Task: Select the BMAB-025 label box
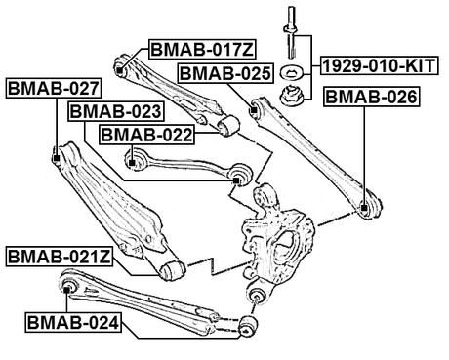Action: pyautogui.click(x=224, y=72)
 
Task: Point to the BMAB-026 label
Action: pyautogui.click(x=371, y=98)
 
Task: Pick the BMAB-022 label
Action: pyautogui.click(x=145, y=133)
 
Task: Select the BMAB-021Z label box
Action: pyautogui.click(x=61, y=257)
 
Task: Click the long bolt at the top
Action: pyautogui.click(x=291, y=29)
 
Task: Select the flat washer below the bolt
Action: pyautogui.click(x=291, y=74)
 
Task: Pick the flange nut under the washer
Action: pyautogui.click(x=291, y=95)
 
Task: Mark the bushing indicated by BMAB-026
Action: pyautogui.click(x=364, y=207)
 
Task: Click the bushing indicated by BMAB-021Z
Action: pyautogui.click(x=175, y=268)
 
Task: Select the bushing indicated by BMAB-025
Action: pyautogui.click(x=256, y=110)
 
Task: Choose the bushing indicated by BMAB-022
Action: pyautogui.click(x=133, y=151)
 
